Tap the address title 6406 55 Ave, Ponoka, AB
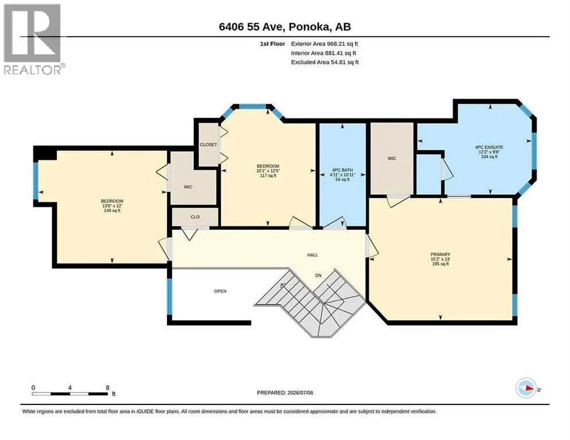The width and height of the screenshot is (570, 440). coord(285,27)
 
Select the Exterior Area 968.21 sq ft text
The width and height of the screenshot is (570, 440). coord(325,44)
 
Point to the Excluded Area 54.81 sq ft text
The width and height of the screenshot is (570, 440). coord(325,62)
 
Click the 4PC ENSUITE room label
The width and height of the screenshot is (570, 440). coord(489,152)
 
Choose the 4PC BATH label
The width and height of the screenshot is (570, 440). coord(342,175)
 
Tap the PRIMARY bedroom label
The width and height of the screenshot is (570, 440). coord(440,259)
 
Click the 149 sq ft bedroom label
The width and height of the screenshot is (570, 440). coord(112,206)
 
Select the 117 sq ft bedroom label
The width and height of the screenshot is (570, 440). coord(268,171)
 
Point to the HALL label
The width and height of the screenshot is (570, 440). coord(313,255)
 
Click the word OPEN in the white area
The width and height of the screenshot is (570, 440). coord(220,291)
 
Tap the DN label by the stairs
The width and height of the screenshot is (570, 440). coord(318,276)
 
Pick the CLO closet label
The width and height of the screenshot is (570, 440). coord(195,217)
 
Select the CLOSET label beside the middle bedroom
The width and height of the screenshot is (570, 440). coord(208,144)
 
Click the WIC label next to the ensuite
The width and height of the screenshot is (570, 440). coord(392,159)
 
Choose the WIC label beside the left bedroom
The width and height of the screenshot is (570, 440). coord(188,187)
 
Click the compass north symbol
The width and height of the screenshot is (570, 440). coord(527,388)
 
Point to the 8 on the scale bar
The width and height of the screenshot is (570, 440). coord(108,388)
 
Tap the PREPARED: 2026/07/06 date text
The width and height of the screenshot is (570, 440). coord(285,393)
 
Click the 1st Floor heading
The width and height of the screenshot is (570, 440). coord(272,44)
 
